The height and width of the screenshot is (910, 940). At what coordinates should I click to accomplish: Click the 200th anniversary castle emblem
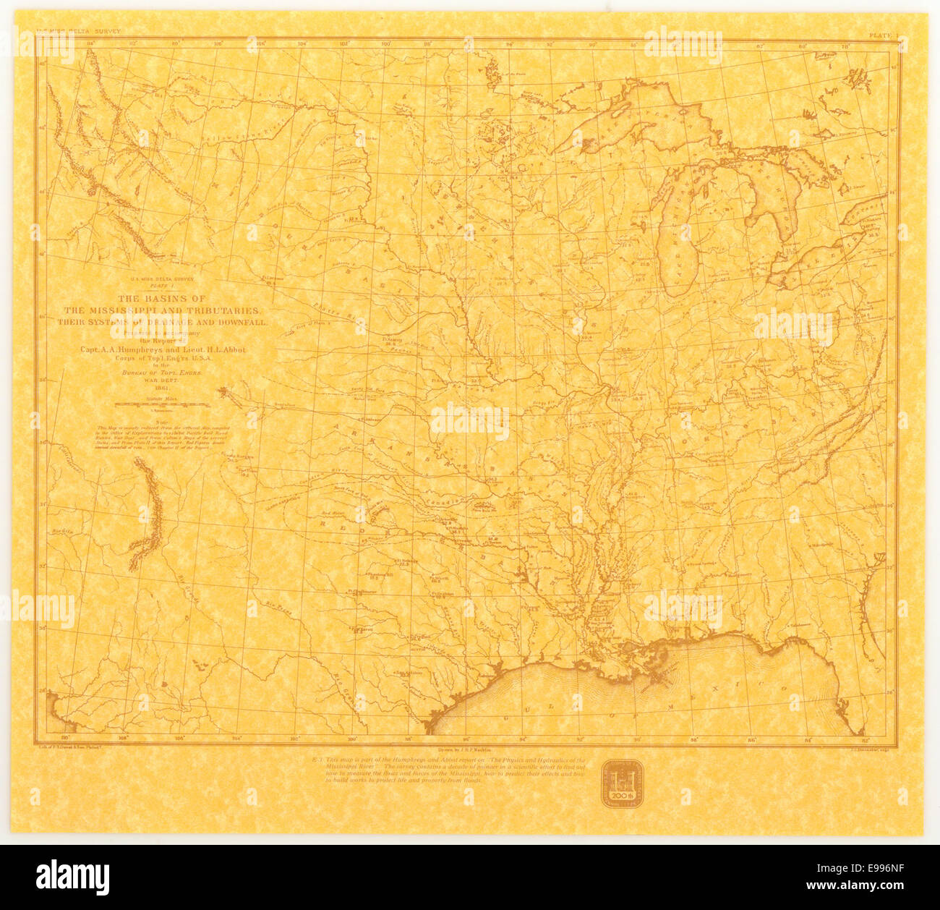(x=620, y=782)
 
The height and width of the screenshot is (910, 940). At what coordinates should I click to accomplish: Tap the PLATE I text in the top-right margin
(x=884, y=33)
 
